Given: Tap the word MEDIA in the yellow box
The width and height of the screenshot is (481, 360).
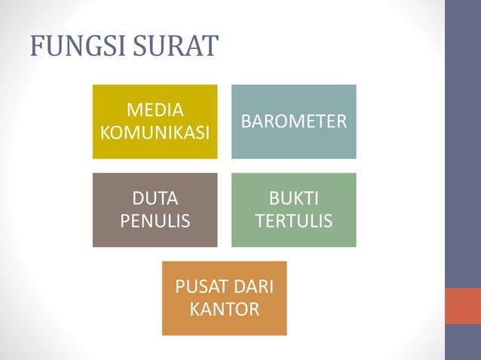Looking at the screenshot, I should click(155, 110).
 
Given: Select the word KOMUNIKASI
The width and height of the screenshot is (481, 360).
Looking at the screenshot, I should click(155, 133).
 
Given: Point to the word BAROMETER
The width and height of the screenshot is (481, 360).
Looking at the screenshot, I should click(293, 121).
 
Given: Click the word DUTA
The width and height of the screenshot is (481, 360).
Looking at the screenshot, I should click(155, 199).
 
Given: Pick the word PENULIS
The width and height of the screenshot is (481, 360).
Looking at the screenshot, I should click(155, 221).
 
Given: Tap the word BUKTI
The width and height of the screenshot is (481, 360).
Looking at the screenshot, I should click(293, 199).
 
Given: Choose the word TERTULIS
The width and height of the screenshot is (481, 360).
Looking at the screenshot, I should click(293, 221).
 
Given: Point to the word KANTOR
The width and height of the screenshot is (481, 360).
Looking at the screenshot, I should click(224, 309).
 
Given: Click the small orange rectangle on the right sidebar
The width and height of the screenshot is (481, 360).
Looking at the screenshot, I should click(462, 306).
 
